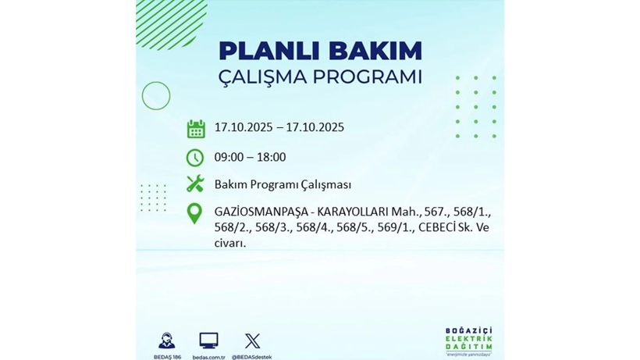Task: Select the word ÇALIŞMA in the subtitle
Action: (x=264, y=77)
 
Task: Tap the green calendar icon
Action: (x=195, y=129)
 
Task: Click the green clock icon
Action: (x=195, y=157)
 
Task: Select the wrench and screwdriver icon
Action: (x=195, y=184)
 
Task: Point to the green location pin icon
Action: (x=195, y=213)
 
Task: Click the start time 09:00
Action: (x=229, y=157)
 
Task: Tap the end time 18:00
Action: (x=271, y=157)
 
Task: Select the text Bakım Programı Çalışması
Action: (x=283, y=184)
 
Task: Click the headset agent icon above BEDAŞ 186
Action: (x=166, y=340)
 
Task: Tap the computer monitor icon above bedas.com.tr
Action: (x=208, y=340)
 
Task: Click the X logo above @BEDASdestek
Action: (x=252, y=340)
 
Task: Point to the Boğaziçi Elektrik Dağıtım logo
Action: (x=468, y=339)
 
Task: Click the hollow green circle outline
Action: (x=156, y=96)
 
